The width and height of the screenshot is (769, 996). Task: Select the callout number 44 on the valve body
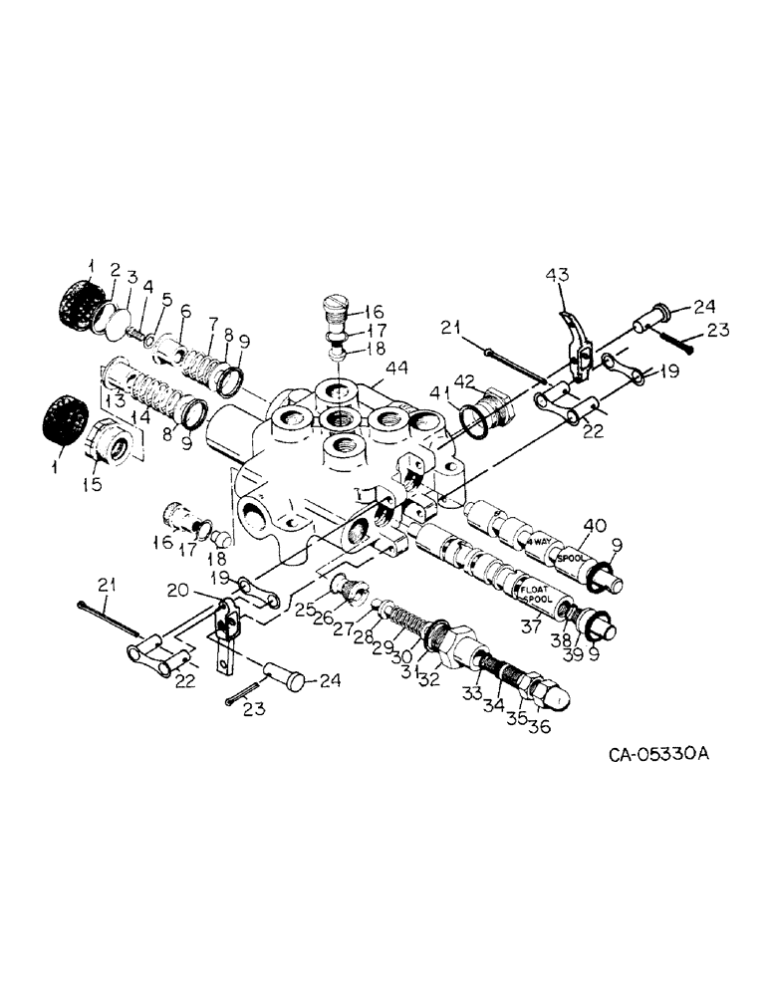pyautogui.click(x=396, y=370)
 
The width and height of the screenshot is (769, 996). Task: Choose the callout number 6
pyautogui.click(x=185, y=312)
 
